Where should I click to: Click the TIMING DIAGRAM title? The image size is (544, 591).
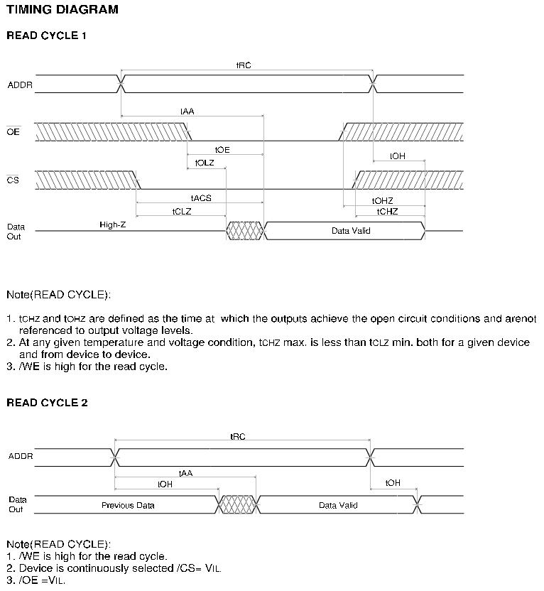(62, 10)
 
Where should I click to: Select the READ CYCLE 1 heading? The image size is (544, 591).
(47, 35)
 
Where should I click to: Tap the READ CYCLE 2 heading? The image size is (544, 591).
(47, 403)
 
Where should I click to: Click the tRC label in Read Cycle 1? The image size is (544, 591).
(244, 65)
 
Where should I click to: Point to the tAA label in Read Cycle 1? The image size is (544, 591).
(187, 112)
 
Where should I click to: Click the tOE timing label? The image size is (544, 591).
(222, 150)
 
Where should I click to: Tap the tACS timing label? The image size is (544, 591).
(201, 198)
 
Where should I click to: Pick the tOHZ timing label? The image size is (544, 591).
(382, 201)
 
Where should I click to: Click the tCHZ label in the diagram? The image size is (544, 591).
(387, 212)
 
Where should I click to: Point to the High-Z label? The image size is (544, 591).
(113, 224)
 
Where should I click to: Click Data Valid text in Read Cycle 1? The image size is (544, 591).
(351, 231)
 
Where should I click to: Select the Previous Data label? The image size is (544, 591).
(128, 505)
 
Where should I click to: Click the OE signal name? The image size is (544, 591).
(13, 132)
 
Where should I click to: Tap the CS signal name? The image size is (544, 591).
(13, 180)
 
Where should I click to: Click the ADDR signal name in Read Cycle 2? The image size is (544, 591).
(21, 455)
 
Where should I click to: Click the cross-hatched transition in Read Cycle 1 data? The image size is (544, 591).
(244, 231)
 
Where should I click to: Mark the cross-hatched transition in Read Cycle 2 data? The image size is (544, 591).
(238, 505)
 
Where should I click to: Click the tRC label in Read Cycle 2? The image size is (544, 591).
(238, 437)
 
